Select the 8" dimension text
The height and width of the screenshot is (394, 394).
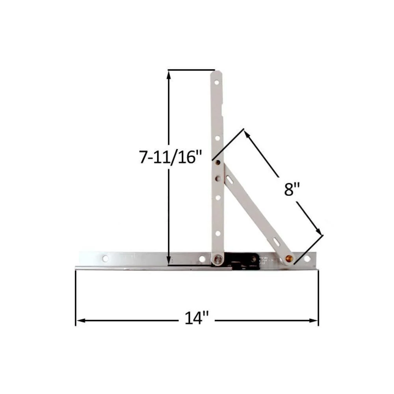(x=292, y=189)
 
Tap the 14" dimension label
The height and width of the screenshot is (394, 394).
(x=197, y=318)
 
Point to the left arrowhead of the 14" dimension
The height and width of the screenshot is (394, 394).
(x=80, y=321)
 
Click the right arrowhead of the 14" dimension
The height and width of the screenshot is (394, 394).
(x=314, y=321)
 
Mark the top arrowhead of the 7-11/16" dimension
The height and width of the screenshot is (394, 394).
(x=169, y=75)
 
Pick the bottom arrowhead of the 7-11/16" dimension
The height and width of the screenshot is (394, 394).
(x=169, y=260)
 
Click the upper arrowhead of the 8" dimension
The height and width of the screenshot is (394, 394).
(x=247, y=135)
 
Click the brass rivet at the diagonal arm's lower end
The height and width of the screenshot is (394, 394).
(x=289, y=258)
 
